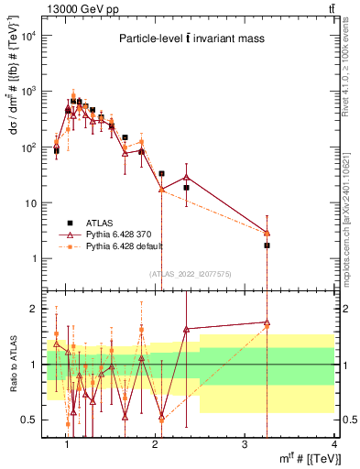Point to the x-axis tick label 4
click(x=333, y=444)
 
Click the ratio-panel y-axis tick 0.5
click(x=32, y=420)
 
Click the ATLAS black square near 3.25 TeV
click(x=267, y=245)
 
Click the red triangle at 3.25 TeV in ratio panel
click(x=267, y=322)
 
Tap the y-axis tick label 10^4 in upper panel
click(x=31, y=35)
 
